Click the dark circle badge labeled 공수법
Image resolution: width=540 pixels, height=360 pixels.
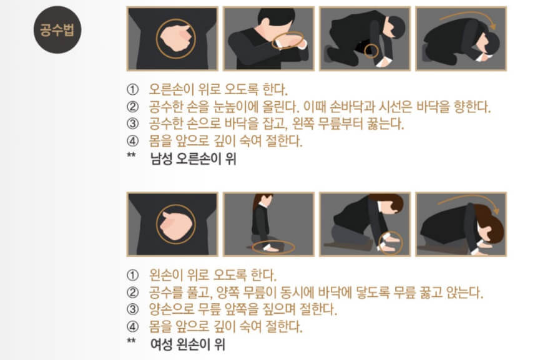(57, 29)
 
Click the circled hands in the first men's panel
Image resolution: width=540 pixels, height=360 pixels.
(175, 39)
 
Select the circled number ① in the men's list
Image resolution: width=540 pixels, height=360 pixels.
(132, 89)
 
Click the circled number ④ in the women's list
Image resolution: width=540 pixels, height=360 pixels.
(132, 326)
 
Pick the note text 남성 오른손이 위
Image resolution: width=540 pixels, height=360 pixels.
(193, 158)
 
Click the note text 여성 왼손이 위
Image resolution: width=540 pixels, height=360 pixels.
(188, 344)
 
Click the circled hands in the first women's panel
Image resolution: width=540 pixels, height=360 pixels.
(175, 224)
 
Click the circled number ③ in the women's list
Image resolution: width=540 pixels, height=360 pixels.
(132, 309)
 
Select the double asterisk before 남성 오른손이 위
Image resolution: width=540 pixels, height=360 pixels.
(131, 155)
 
